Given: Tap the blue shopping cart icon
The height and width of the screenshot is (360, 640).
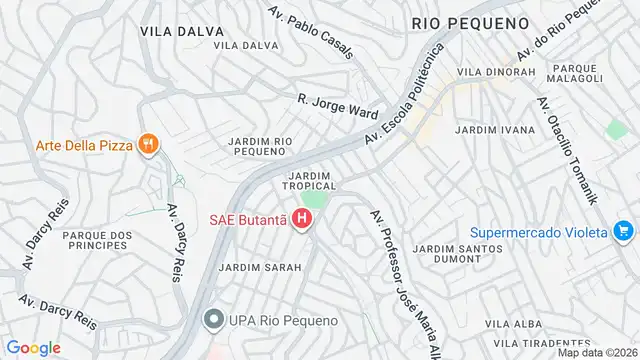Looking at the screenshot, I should point(624,232).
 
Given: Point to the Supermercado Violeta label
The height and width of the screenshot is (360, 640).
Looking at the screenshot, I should point(540,232).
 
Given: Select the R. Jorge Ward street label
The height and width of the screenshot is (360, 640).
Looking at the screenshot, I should point(337,106).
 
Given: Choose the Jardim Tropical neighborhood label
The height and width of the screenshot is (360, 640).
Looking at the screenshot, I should point(308,180).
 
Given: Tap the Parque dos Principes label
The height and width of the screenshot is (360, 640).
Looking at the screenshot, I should point(97,241).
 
